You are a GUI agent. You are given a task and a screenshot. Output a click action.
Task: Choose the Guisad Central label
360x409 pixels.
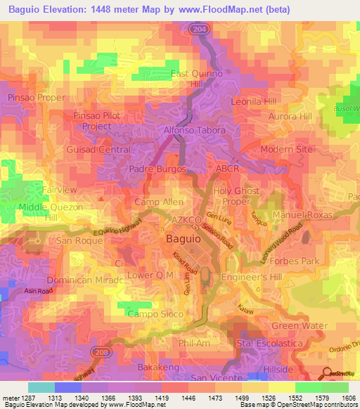pyautogui.click(x=98, y=150)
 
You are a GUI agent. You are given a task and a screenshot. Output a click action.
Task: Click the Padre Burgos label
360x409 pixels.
pyautogui.click(x=157, y=169)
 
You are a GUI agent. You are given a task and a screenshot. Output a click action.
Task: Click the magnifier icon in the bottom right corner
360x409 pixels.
pyautogui.click(x=326, y=374)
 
